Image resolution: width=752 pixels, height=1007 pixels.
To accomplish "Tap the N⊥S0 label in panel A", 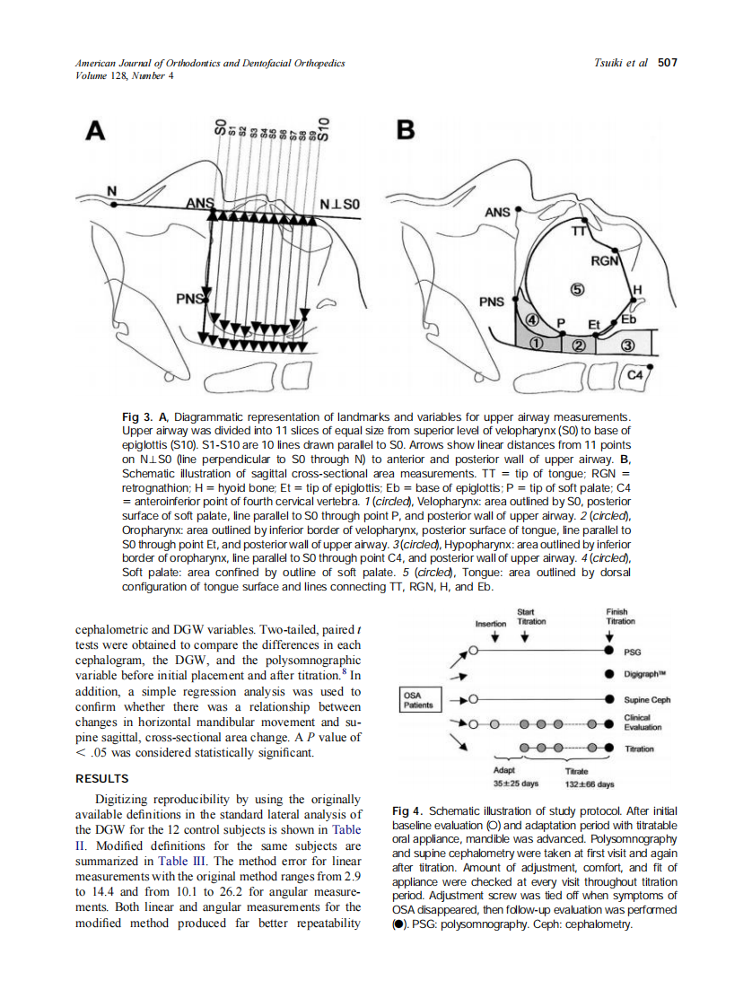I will coord(338,204).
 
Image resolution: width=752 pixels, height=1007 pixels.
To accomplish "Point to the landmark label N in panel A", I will coord(111,189).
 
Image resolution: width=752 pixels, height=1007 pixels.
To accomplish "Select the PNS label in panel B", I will coord(492,302).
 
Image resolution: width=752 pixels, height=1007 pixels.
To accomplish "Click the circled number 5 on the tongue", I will coord(577,289).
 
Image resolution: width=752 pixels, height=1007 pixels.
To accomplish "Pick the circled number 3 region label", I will coord(628,346).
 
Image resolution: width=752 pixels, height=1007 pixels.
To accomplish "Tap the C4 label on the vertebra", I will coord(635,375).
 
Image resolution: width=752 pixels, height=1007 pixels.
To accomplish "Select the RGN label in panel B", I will coord(604,261).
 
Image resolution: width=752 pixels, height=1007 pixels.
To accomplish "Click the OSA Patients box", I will coord(419,699).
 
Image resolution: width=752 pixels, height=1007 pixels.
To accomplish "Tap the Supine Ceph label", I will coord(647,698).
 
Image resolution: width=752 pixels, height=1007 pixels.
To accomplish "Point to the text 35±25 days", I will coord(513,783).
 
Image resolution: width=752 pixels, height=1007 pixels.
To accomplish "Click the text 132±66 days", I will coord(589,783).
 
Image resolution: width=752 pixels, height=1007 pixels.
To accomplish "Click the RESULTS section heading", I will coord(101,778).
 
